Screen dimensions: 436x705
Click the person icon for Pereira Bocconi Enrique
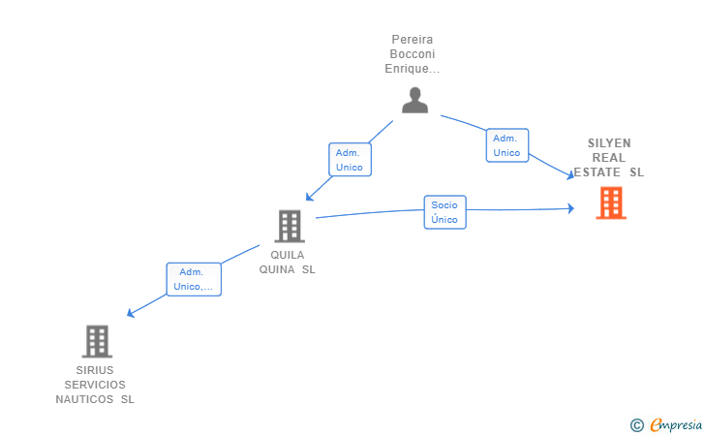[x=414, y=101]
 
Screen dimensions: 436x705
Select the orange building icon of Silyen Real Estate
[x=610, y=203]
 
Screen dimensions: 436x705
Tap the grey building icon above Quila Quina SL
[x=289, y=227]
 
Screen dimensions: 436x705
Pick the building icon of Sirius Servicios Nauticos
[x=96, y=341]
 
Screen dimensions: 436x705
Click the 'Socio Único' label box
[x=444, y=212]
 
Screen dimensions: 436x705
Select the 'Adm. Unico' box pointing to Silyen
[x=506, y=145]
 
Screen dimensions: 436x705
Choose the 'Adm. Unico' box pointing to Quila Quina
[x=349, y=160]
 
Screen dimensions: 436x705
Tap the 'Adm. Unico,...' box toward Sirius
[x=194, y=279]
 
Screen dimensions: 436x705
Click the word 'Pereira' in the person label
[x=414, y=40]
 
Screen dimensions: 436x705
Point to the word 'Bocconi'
[x=414, y=54]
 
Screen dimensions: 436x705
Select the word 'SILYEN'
[x=609, y=142]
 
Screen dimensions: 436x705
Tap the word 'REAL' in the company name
[x=609, y=157]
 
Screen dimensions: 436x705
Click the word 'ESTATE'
[x=598, y=172]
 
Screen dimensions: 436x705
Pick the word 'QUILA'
[x=288, y=255]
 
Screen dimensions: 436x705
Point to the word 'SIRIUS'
[x=95, y=370]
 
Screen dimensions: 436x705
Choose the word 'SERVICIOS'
[x=95, y=385]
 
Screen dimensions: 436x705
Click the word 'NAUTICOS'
[x=85, y=399]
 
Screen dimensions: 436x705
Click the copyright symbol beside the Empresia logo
[x=636, y=424]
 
